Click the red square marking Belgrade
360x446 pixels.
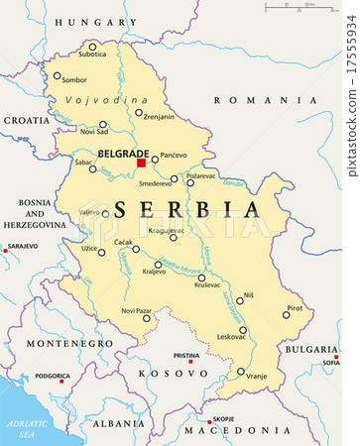(x=142, y=163)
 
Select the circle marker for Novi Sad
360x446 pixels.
(x=102, y=125)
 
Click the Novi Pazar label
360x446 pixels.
(x=136, y=310)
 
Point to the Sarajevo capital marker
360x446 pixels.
(x=5, y=251)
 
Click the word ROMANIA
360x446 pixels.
(x=263, y=100)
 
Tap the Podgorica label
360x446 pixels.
(x=52, y=377)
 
